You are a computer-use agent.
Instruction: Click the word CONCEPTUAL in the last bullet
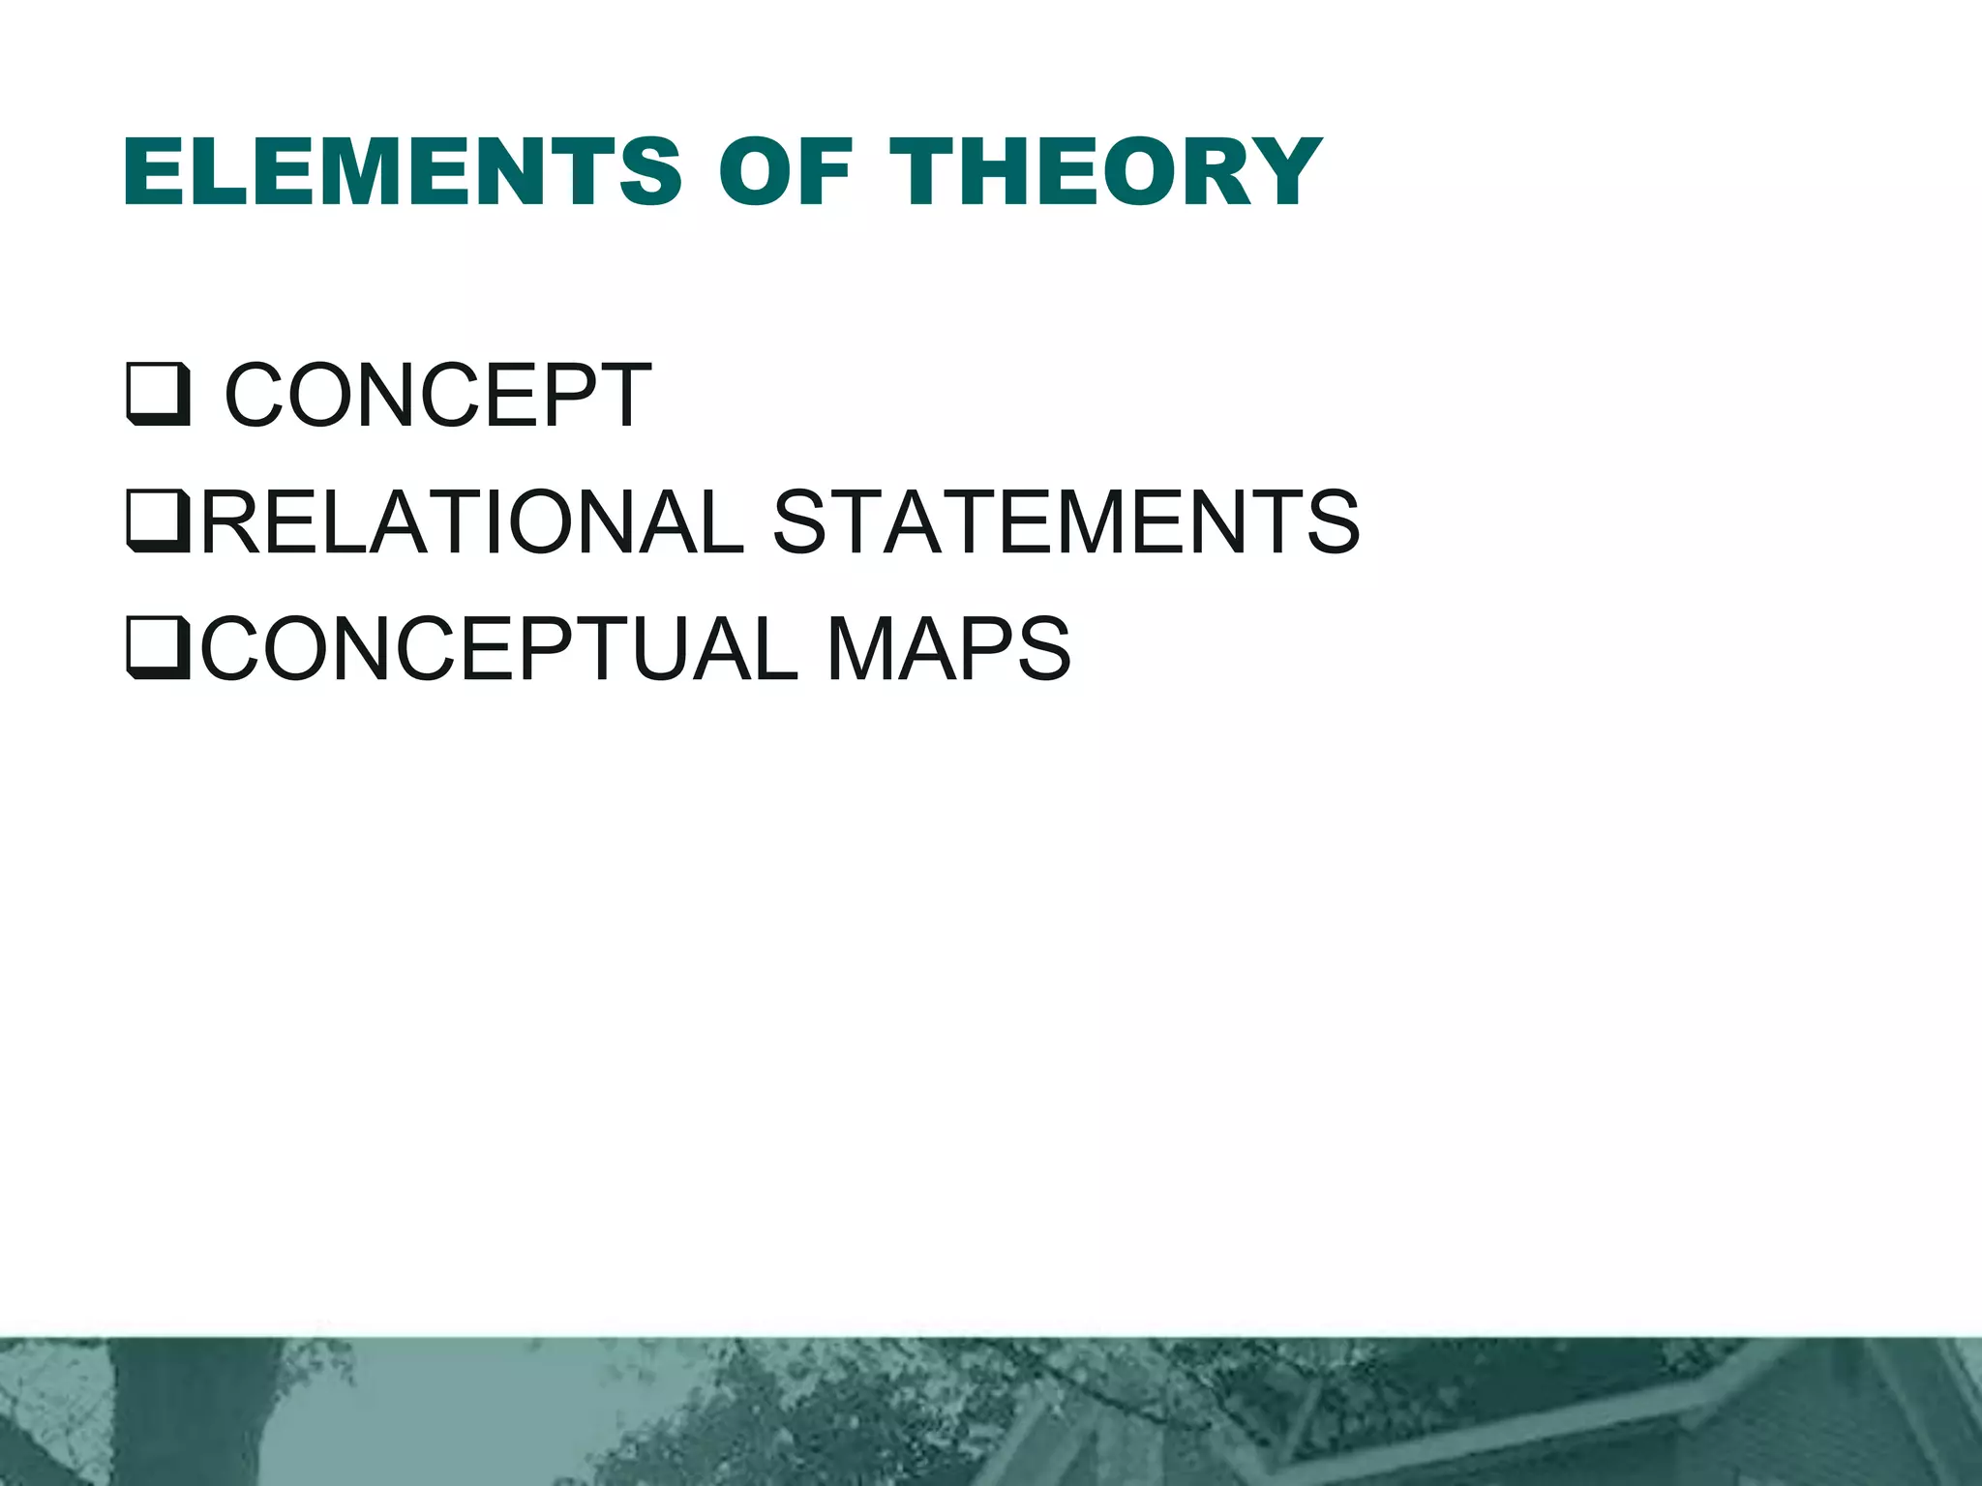click(x=499, y=648)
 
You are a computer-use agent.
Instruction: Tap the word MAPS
click(x=948, y=648)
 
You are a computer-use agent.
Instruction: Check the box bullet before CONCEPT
click(x=157, y=395)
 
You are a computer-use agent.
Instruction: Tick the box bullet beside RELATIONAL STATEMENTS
click(x=157, y=521)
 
